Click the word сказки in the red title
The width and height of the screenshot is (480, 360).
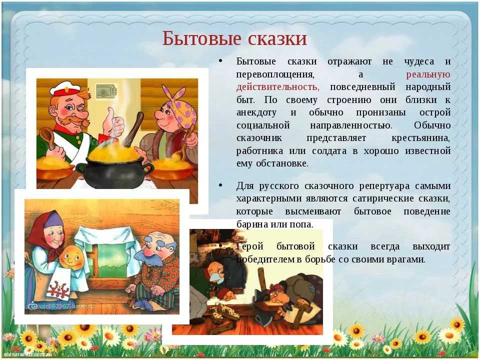[x=277, y=39]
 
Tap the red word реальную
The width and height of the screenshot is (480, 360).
[x=428, y=74]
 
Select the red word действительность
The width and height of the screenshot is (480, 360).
[x=277, y=87]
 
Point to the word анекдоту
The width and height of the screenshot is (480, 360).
[x=256, y=112]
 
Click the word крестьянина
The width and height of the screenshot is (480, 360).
[x=421, y=138]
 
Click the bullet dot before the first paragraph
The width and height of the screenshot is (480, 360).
[x=220, y=60]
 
